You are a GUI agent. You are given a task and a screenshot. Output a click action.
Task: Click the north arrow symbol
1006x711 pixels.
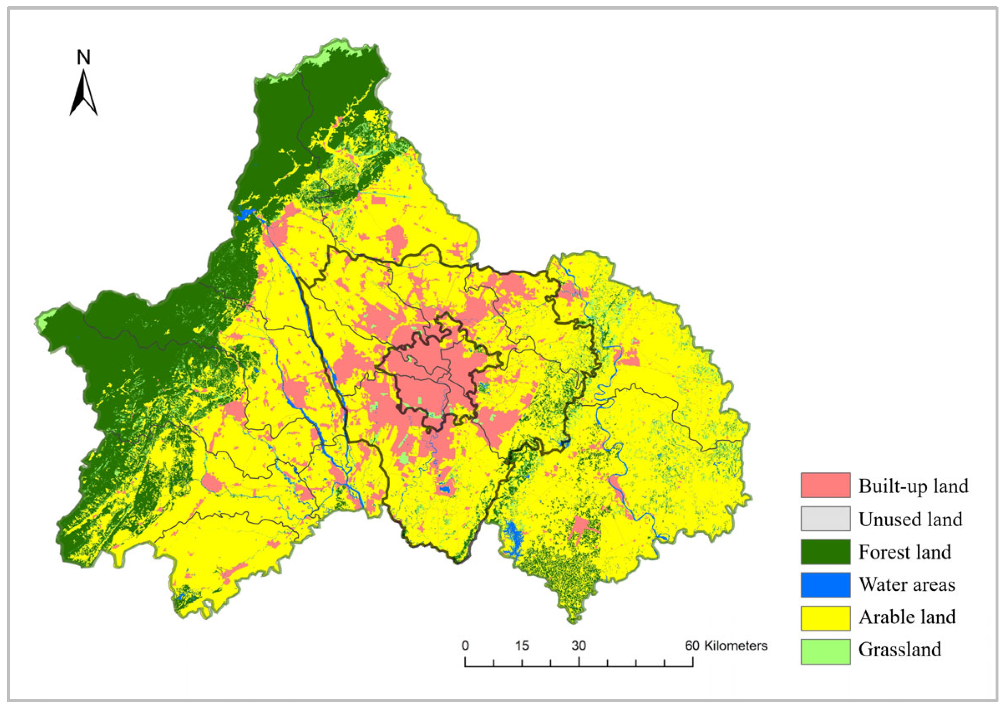click(83, 94)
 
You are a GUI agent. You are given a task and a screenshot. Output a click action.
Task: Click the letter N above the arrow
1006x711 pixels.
click(83, 57)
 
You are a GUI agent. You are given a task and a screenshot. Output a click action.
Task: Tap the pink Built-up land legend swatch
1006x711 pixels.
click(825, 485)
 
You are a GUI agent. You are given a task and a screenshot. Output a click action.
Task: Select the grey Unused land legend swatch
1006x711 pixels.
click(825, 518)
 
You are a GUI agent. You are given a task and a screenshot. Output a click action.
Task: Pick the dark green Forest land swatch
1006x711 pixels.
click(825, 552)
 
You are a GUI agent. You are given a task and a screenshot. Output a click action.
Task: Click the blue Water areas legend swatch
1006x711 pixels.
click(825, 585)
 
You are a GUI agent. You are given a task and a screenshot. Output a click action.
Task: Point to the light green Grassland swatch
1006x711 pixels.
click(825, 651)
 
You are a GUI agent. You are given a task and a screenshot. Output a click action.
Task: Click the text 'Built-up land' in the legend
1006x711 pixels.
click(913, 486)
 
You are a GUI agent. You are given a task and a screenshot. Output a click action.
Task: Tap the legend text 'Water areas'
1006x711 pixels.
click(906, 585)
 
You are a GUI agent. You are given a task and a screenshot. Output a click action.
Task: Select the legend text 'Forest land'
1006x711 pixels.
click(905, 552)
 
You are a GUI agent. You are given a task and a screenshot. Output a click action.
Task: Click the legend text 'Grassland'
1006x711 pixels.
click(899, 650)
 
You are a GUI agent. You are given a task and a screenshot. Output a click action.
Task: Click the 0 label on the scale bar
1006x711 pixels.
click(465, 646)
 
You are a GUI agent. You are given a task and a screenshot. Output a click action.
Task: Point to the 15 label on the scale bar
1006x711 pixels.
click(522, 646)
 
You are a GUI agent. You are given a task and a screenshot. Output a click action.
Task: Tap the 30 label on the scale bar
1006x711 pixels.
click(578, 646)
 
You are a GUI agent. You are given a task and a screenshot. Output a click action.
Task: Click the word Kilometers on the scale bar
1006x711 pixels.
click(736, 646)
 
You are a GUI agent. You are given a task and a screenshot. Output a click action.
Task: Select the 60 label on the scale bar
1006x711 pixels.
click(692, 646)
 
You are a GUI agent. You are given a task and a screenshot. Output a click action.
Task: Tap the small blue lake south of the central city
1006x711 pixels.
click(445, 489)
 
